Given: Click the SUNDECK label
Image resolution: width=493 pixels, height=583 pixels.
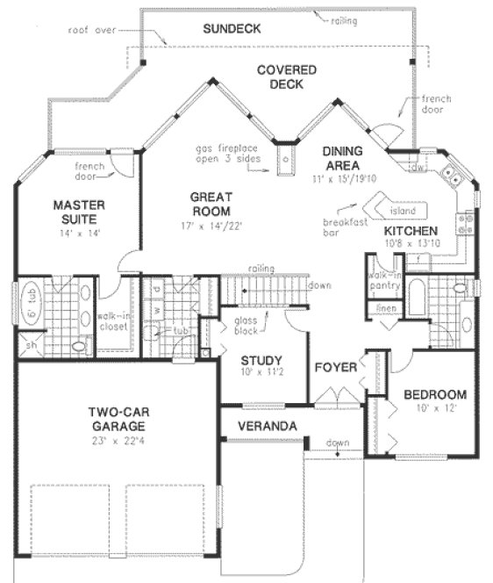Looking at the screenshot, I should (x=232, y=29).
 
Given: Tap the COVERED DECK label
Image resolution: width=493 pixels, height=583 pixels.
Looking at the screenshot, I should (x=280, y=76).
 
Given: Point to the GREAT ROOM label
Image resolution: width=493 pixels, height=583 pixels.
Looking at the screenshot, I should (x=211, y=205).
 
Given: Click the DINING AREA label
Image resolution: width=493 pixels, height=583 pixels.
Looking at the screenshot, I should (x=348, y=158).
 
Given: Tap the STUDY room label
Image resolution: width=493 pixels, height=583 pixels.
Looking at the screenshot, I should (x=261, y=360).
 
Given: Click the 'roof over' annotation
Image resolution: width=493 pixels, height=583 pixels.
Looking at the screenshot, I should (x=92, y=30).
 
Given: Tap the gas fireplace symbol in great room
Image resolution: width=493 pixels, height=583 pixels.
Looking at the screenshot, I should (x=286, y=161).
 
